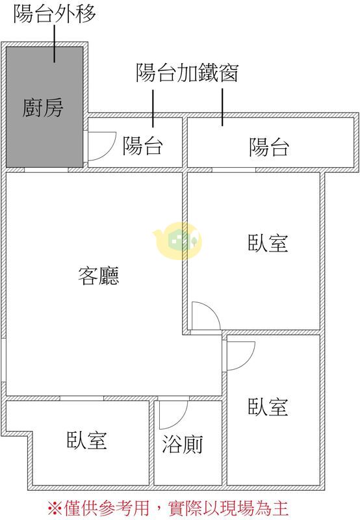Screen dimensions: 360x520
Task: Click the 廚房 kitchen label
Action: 43,108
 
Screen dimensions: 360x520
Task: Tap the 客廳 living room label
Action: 99,276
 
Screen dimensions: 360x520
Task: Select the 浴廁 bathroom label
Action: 183,444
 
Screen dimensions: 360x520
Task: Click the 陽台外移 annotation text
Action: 55,13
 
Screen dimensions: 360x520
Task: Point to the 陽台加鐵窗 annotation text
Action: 187,73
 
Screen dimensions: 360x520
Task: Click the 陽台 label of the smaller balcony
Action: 143,146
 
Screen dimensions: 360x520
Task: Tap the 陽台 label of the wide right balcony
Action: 269,147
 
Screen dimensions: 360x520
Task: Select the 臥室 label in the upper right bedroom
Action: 268,243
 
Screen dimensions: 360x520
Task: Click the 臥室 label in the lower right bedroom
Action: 268,407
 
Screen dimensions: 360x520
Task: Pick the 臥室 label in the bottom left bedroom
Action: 87,440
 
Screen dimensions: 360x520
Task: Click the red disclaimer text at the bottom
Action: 168,508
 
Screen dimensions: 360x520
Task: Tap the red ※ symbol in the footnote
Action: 55,508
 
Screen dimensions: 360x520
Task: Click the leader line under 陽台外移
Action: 55,44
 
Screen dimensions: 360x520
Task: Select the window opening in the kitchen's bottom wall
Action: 46,170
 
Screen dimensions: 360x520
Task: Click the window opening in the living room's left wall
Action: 3,360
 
